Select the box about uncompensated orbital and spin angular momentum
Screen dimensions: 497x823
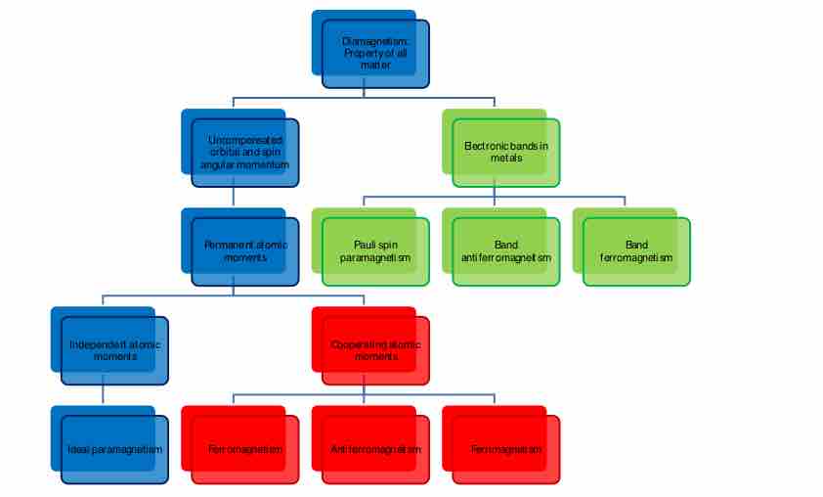pos(244,153)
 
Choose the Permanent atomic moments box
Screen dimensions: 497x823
pos(244,250)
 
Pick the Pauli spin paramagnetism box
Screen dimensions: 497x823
pos(375,250)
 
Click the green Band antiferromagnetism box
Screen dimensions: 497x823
pos(505,250)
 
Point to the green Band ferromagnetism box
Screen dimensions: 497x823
pos(635,250)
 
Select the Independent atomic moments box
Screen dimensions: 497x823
pos(114,350)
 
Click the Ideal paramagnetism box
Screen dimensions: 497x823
pos(114,449)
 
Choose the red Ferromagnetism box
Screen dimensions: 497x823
pos(244,449)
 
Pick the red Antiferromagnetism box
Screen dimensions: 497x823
pos(375,449)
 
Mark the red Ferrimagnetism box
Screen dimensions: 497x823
pos(505,449)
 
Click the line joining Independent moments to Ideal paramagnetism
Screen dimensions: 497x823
pos(104,395)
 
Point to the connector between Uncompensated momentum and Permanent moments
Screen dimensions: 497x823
pos(234,197)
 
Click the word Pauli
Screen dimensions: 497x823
pos(365,245)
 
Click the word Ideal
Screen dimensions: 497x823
pos(79,449)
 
